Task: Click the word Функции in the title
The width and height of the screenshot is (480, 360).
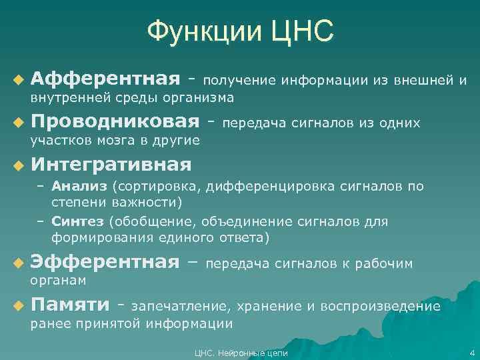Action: (x=203, y=31)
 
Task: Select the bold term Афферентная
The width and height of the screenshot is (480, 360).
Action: (x=105, y=80)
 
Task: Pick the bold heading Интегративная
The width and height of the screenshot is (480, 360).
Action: (x=111, y=164)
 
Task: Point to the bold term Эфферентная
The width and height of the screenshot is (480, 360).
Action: (x=105, y=264)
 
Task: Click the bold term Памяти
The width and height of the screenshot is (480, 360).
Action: (x=70, y=305)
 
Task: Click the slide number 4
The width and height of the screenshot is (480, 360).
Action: (x=471, y=353)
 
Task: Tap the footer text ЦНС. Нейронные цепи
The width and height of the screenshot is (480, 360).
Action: (x=239, y=353)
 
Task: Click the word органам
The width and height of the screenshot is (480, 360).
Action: (x=58, y=281)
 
